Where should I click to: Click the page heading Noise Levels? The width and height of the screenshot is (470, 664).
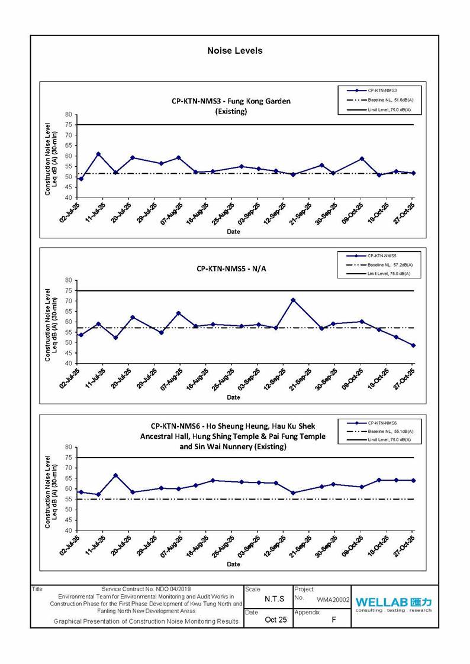click(234, 51)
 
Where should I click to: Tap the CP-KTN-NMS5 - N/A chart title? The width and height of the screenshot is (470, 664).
click(231, 268)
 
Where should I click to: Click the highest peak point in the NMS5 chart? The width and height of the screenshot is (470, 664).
click(292, 300)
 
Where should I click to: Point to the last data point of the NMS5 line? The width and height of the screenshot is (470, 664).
click(413, 345)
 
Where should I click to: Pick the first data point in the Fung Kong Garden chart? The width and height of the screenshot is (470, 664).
click(81, 179)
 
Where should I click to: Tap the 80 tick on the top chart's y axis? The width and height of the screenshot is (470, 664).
click(69, 115)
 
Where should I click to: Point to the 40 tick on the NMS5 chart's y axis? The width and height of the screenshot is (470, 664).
click(69, 363)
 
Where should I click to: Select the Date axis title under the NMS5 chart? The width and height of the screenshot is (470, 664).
click(234, 397)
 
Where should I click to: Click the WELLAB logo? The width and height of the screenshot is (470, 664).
click(394, 603)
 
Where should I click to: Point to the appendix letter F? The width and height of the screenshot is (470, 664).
click(334, 620)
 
